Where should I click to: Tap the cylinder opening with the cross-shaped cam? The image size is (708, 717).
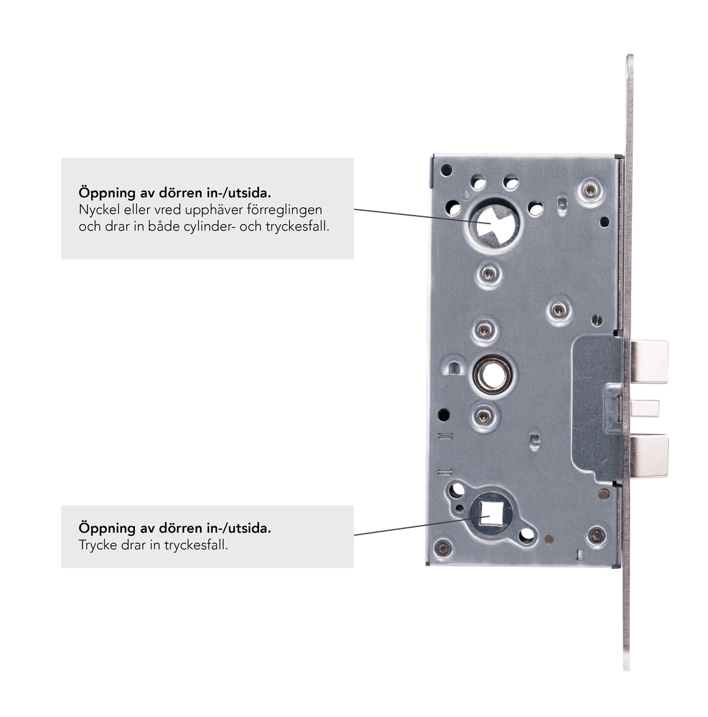click(492, 225)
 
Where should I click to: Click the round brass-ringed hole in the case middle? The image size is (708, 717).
click(492, 375)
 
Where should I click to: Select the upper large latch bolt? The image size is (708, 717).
click(649, 361)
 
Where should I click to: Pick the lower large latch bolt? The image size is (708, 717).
click(649, 456)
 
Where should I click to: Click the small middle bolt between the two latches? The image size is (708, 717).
click(645, 408)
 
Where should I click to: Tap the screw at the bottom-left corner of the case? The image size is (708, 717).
click(442, 547)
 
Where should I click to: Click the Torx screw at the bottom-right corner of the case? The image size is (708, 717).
click(597, 535)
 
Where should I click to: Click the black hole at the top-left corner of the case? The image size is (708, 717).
click(446, 170)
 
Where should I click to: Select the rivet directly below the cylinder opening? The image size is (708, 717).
click(488, 274)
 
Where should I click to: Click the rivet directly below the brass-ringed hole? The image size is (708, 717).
click(484, 416)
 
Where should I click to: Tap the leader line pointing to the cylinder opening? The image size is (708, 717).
click(422, 216)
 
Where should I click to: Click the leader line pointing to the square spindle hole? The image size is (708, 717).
click(422, 526)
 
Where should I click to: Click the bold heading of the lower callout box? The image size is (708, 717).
click(175, 528)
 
